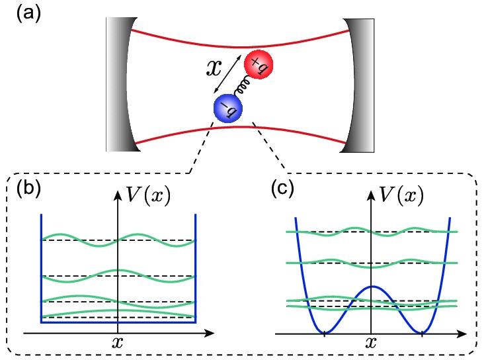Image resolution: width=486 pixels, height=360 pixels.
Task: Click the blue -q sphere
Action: [x=227, y=107]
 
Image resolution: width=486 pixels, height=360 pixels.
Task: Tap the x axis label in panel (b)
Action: [x=117, y=343]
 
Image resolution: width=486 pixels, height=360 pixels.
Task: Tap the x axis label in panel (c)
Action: [x=372, y=343]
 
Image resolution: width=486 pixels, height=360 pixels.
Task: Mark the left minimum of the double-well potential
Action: [x=324, y=331]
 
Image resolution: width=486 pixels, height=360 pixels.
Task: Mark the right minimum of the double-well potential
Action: [x=421, y=331]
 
